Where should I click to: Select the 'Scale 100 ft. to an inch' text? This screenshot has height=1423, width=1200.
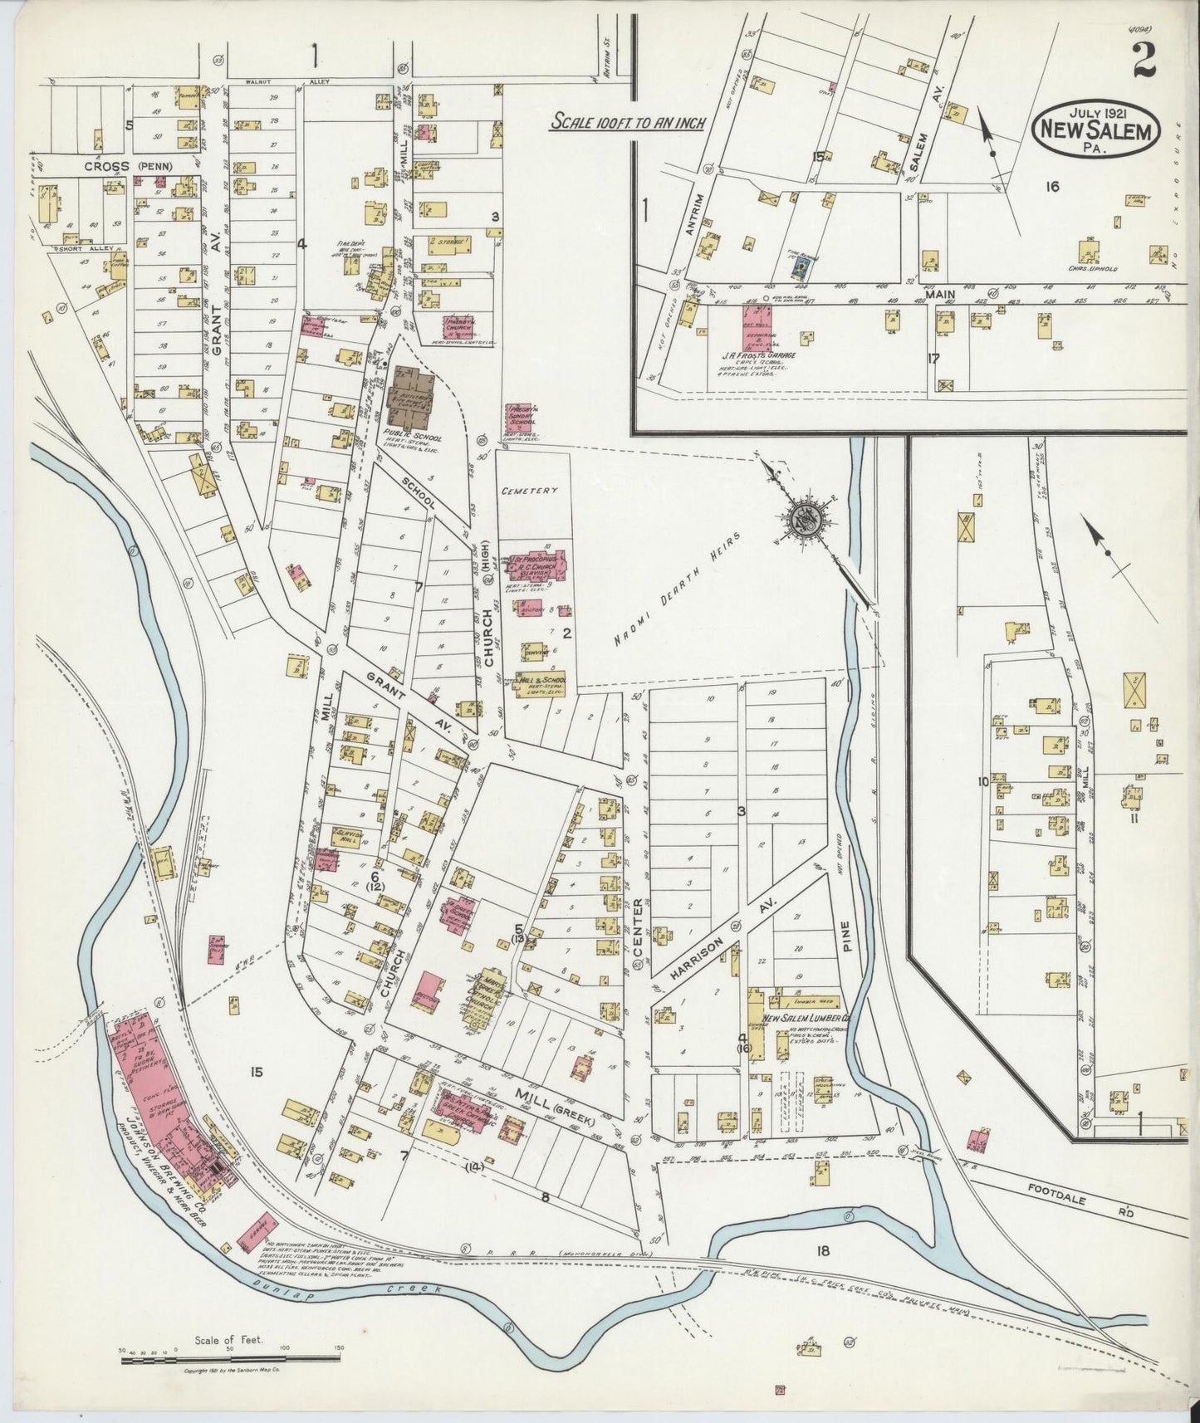pos(629,122)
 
